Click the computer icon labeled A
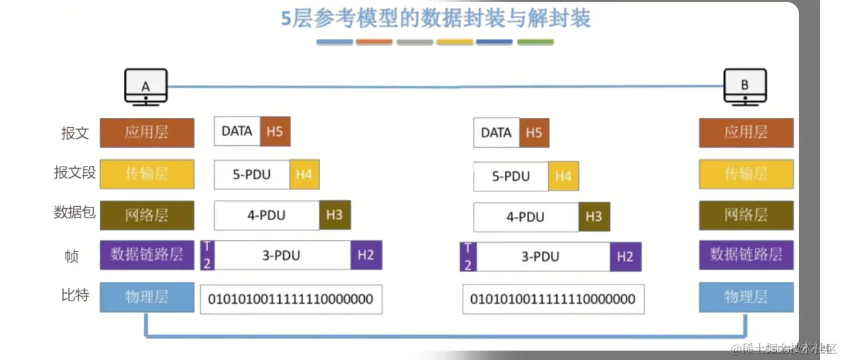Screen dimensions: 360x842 145,87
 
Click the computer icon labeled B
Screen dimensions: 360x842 745,87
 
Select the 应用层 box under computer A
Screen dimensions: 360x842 147,132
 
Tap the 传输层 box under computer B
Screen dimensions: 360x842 746,174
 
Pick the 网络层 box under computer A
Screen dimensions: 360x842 147,215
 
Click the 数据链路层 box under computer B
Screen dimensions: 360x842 746,255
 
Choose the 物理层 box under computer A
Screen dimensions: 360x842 147,296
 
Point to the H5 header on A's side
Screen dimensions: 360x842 274,131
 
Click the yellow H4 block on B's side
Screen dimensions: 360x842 564,177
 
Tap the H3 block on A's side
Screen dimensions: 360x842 335,215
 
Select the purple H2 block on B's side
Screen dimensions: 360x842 625,256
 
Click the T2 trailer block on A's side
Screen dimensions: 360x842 207,256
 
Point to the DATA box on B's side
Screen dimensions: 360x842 496,132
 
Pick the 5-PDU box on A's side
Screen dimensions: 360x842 252,175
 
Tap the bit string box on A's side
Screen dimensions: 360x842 291,299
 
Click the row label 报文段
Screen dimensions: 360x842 75,173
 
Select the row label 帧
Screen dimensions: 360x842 72,256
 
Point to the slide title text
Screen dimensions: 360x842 435,18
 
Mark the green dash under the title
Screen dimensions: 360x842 535,42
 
